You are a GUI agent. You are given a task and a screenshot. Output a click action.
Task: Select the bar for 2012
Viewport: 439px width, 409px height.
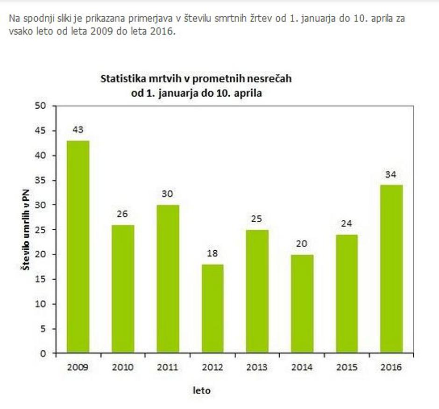(212, 309)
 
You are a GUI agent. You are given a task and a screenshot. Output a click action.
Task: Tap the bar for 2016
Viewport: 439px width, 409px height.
(391, 269)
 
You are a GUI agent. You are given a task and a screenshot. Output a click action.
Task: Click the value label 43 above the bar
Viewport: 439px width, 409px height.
(78, 130)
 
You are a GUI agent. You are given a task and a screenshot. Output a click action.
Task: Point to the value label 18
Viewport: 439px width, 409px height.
(212, 254)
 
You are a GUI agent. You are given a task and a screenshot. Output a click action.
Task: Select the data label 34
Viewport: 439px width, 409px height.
(391, 175)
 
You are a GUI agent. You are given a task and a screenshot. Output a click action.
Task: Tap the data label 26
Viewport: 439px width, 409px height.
(122, 214)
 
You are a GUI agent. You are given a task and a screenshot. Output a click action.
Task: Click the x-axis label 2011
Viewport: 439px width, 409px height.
(167, 367)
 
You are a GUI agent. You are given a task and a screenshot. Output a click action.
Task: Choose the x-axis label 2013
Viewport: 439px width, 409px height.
(257, 367)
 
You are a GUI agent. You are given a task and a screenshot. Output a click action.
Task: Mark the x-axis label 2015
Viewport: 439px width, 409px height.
(347, 367)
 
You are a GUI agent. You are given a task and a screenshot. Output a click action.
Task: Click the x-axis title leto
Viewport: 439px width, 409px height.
(202, 390)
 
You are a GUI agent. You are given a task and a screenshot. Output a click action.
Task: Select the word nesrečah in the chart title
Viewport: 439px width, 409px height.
(271, 78)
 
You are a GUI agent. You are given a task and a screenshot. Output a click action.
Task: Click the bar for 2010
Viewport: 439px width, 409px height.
(122, 289)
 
